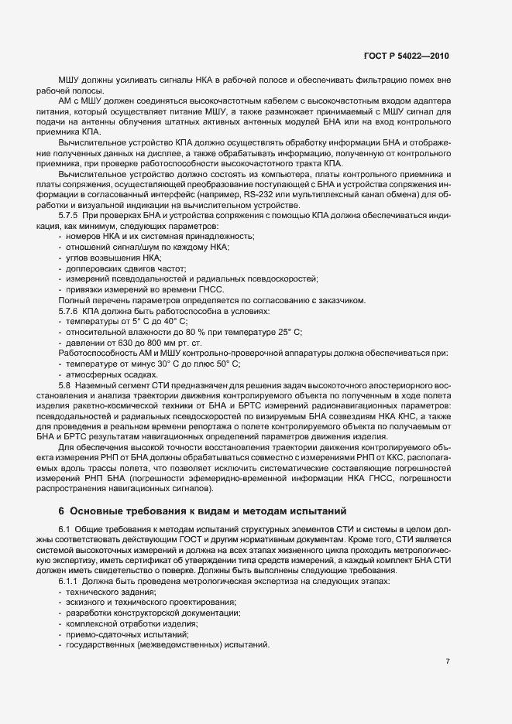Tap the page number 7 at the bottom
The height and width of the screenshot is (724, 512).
(448, 661)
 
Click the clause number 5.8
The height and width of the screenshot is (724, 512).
(66, 384)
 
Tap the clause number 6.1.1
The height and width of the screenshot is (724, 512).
(71, 580)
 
